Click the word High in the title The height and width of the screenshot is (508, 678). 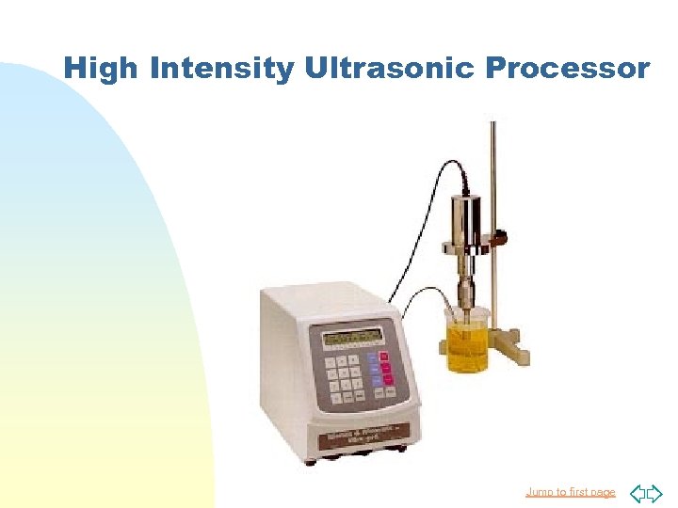102,69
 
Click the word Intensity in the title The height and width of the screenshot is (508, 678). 222,69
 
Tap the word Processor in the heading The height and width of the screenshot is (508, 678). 569,69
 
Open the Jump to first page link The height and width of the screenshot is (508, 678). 570,492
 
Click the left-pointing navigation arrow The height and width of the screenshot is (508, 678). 638,492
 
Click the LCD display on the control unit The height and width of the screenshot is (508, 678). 352,336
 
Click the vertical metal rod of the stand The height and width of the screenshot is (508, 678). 492,188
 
